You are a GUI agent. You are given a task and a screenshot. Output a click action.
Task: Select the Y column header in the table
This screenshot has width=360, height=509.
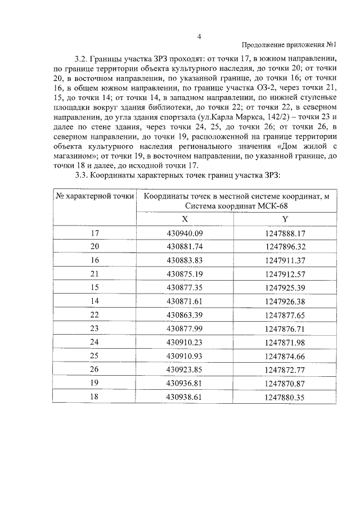pyautogui.click(x=285, y=219)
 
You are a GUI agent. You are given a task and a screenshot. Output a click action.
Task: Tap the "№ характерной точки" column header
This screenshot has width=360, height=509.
pyautogui.click(x=94, y=196)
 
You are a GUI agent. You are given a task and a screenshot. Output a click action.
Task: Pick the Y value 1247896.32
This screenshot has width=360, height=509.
pyautogui.click(x=285, y=246)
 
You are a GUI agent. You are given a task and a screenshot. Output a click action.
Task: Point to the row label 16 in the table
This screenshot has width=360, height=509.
pyautogui.click(x=94, y=260)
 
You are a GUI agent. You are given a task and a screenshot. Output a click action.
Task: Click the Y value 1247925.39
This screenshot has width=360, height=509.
pyautogui.click(x=285, y=287)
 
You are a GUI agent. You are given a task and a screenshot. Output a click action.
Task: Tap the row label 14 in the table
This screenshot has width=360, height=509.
pyautogui.click(x=94, y=301)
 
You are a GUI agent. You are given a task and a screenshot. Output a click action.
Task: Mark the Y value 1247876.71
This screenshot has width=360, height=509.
pyautogui.click(x=285, y=328)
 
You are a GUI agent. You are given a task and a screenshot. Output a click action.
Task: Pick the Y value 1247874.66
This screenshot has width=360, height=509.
pyautogui.click(x=285, y=356)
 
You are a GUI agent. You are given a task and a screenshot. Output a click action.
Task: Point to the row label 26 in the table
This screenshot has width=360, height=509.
pyautogui.click(x=94, y=370)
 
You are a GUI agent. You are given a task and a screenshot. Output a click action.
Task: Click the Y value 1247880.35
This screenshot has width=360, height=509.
pyautogui.click(x=285, y=397)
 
